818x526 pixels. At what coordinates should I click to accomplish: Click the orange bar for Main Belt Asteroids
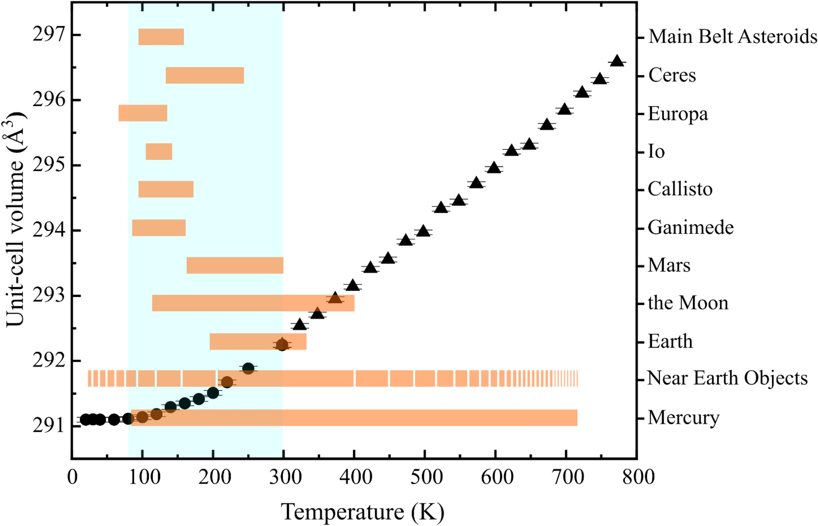(161, 37)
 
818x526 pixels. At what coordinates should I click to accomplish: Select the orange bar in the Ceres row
(205, 75)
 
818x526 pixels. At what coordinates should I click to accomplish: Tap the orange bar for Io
(159, 151)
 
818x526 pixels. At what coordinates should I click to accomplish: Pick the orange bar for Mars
(235, 266)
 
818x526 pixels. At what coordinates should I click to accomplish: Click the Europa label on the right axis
(678, 114)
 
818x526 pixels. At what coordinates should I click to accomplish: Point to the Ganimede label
(690, 227)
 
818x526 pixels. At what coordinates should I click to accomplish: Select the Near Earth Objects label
(727, 378)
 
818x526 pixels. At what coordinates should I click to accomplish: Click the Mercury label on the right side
(684, 417)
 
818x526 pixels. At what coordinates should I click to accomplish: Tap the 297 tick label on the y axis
(49, 35)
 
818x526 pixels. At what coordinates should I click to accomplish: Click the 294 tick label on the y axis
(49, 230)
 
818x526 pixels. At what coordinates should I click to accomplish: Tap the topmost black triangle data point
(617, 61)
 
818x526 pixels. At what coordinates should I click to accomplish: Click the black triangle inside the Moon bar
(335, 298)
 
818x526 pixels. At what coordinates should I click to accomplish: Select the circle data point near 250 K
(248, 368)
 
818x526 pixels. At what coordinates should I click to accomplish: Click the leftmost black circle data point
(85, 419)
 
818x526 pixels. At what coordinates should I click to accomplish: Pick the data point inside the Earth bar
(282, 345)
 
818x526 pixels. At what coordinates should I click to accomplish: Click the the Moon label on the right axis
(688, 303)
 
